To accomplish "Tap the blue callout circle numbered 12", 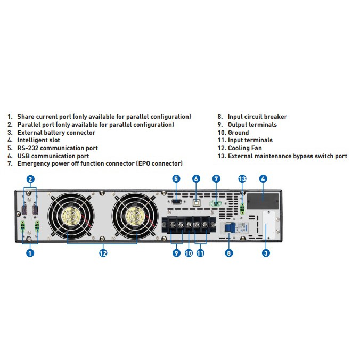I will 103,253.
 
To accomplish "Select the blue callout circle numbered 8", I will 229,253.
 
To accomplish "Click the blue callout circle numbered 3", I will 266,253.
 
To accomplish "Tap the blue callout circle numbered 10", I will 189,253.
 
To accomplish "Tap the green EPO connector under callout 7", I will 216,202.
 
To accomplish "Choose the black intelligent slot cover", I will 263,200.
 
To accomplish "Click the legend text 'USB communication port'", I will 53,156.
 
